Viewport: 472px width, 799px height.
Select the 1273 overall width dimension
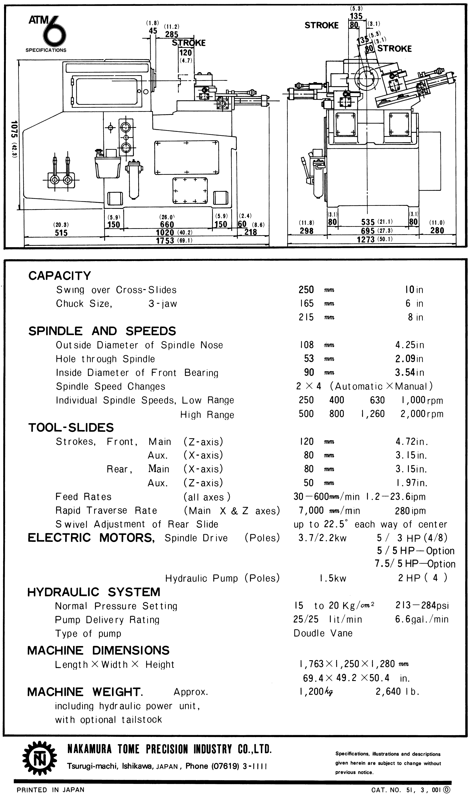click(366, 239)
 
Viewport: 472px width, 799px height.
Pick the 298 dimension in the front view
click(307, 231)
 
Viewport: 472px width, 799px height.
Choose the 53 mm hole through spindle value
click(309, 358)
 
